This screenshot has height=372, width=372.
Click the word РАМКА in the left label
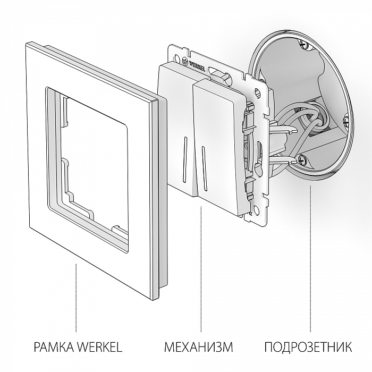(53, 348)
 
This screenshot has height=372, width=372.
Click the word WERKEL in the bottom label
(99, 348)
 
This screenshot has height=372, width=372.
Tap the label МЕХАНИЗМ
(199, 348)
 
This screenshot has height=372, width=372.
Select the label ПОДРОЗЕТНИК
(308, 348)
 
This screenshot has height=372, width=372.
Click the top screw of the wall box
(305, 43)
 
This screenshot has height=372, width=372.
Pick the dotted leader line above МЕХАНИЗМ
(200, 266)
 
